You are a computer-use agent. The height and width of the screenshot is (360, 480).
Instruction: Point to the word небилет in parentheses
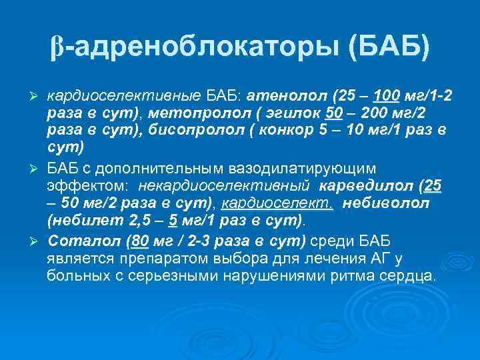point(77,218)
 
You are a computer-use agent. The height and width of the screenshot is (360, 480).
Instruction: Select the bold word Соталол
point(75,241)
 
